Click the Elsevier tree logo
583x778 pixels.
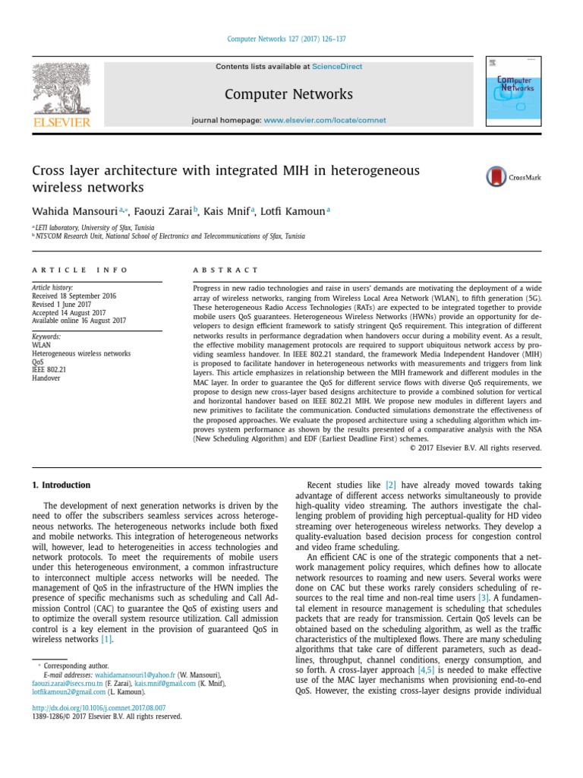60,90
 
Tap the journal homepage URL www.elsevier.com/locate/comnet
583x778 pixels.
325,120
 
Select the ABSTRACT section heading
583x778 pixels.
225,270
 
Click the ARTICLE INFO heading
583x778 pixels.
80,270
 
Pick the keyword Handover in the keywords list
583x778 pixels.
46,377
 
